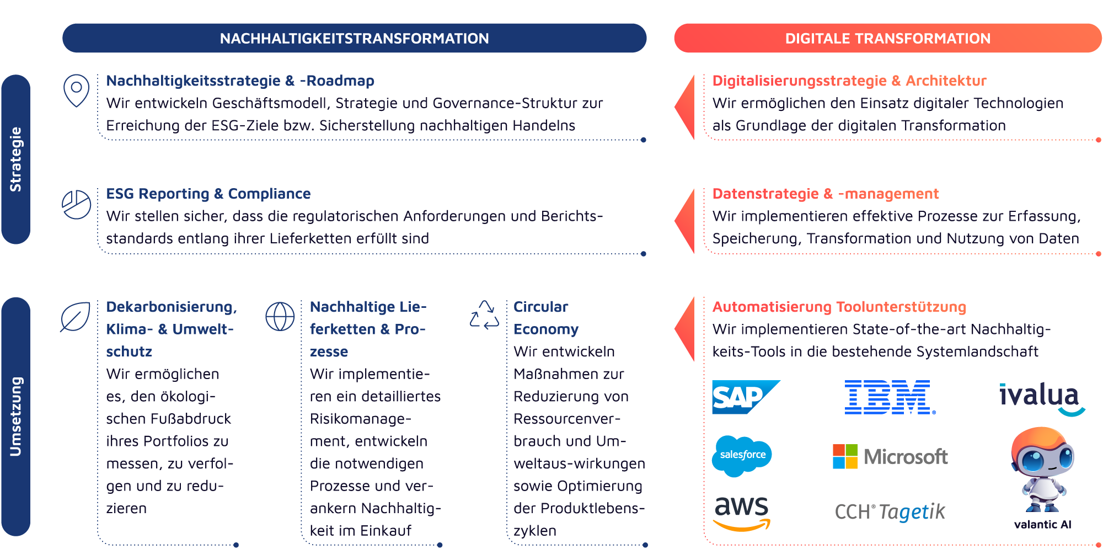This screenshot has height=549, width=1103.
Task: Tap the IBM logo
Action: pyautogui.click(x=890, y=397)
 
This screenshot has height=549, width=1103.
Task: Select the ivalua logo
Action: pyautogui.click(x=1041, y=398)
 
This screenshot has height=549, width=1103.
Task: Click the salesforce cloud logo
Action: pyautogui.click(x=742, y=455)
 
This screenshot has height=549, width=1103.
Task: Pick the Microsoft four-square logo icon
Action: pyautogui.click(x=845, y=456)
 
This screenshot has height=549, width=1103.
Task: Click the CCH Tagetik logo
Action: pyautogui.click(x=890, y=512)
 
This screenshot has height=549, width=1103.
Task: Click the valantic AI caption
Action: pyautogui.click(x=1042, y=525)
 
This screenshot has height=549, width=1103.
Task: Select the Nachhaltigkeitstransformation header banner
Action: pyautogui.click(x=354, y=38)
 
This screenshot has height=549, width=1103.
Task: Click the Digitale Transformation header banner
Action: pyautogui.click(x=887, y=38)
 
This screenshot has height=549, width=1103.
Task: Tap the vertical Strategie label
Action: pyautogui.click(x=15, y=159)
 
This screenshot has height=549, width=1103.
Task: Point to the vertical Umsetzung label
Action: pyautogui.click(x=15, y=417)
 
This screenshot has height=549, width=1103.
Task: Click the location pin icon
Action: pyautogui.click(x=77, y=89)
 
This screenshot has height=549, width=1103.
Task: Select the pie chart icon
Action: pyautogui.click(x=77, y=205)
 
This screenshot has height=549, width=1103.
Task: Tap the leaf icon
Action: pyautogui.click(x=76, y=317)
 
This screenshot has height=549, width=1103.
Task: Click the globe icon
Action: pyautogui.click(x=280, y=317)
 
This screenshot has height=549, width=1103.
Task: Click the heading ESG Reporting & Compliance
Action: pyautogui.click(x=208, y=194)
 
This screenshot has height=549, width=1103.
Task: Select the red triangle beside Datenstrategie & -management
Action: pyautogui.click(x=686, y=220)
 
